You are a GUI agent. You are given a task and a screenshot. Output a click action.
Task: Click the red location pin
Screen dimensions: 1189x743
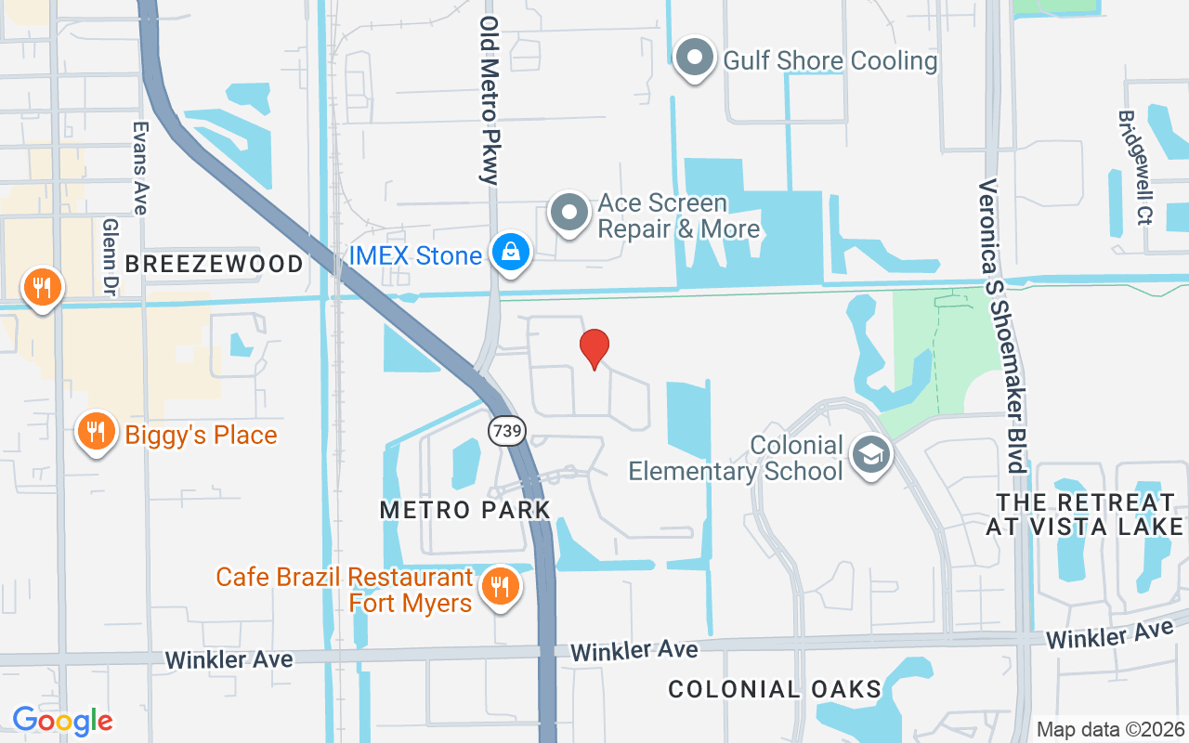[x=594, y=348]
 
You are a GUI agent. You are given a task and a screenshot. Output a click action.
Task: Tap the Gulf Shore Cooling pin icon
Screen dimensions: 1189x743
[x=694, y=59]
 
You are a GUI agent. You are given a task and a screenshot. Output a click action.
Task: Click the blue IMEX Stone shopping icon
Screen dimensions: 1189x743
[x=510, y=253]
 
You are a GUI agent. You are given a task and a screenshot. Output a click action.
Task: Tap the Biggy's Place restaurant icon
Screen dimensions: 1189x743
[x=95, y=432]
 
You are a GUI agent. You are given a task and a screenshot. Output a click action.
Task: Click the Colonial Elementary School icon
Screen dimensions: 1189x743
[x=870, y=456]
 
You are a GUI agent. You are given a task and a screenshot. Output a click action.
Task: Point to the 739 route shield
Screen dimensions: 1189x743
[x=508, y=431]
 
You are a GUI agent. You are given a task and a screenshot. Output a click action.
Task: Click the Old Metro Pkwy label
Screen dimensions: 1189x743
[x=490, y=99]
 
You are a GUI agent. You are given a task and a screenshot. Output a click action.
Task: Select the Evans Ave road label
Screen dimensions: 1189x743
[x=140, y=168]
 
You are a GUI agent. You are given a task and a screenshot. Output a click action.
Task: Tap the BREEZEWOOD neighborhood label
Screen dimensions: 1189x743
[x=215, y=264]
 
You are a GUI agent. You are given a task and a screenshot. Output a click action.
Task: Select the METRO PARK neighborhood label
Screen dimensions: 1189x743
[x=465, y=509]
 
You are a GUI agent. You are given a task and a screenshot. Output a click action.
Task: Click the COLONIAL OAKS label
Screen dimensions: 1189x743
[x=775, y=689]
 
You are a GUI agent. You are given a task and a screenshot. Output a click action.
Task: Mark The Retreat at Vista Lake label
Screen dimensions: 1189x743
[x=1085, y=515]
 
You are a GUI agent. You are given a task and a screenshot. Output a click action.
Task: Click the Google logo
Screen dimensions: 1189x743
[x=62, y=721]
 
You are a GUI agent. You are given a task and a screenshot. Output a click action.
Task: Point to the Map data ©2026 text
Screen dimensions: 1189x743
[x=1111, y=729]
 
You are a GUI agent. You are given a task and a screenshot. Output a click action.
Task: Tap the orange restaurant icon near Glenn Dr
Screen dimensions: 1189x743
[x=41, y=287]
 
